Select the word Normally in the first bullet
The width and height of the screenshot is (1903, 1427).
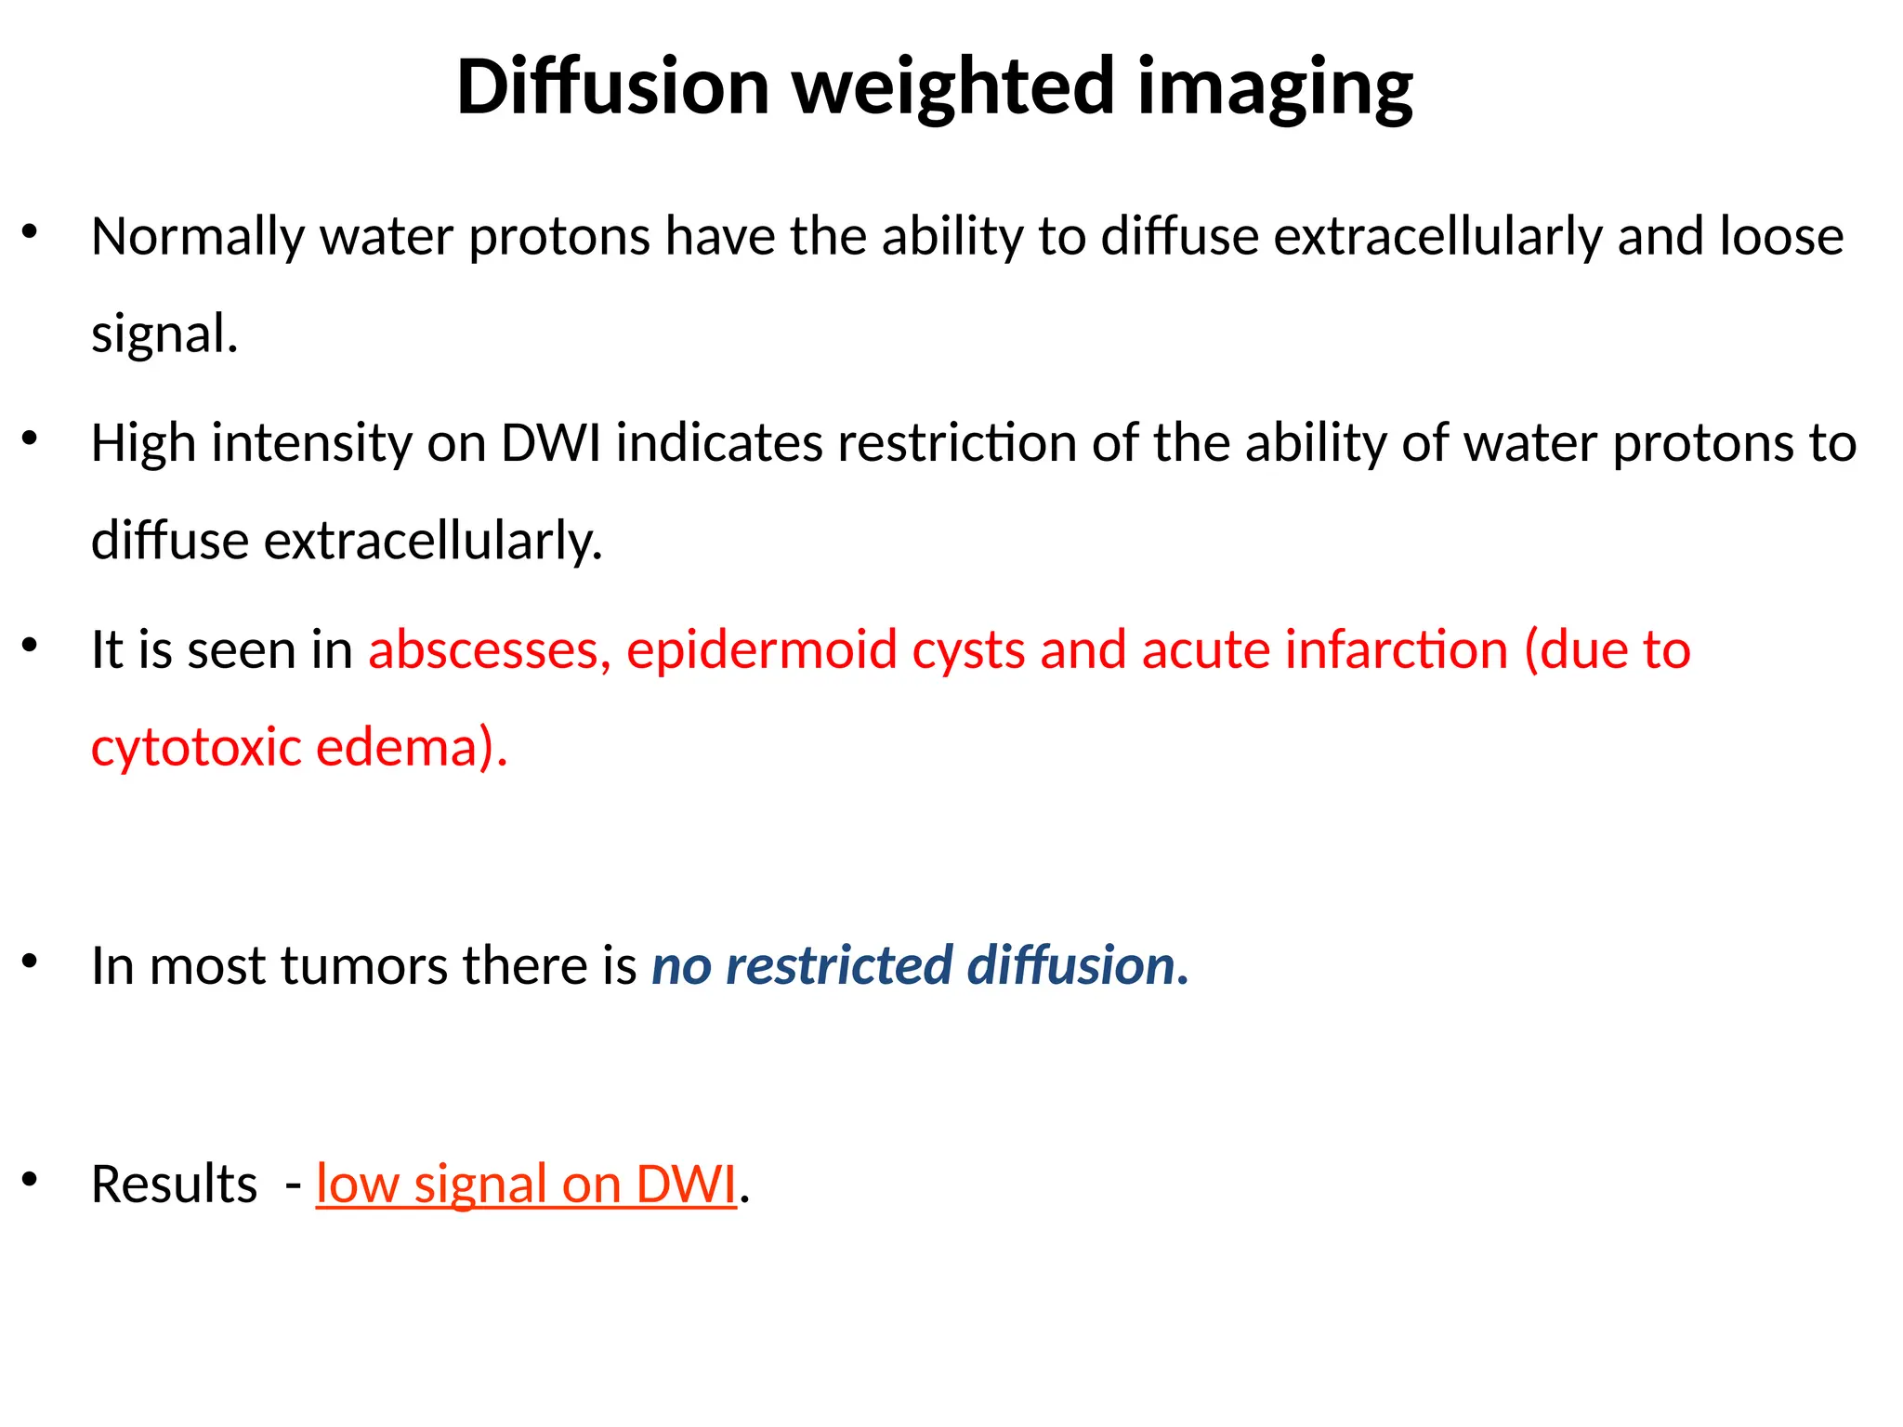(198, 237)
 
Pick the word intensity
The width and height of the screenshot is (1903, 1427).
(311, 443)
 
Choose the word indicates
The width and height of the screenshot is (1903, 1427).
(719, 443)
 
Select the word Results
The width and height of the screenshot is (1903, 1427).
(174, 1185)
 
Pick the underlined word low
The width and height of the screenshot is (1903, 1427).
(357, 1185)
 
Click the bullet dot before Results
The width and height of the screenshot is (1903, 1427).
(30, 1179)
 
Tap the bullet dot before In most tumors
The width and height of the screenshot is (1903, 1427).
(30, 961)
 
